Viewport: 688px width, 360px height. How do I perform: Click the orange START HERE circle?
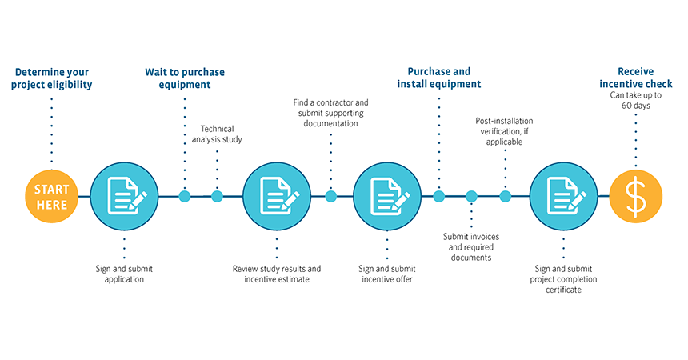tap(52, 196)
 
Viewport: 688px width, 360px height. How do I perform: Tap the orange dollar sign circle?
tap(635, 196)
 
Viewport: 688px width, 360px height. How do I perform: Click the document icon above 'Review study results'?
tap(275, 196)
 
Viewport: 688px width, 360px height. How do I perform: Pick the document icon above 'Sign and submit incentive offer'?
tap(386, 196)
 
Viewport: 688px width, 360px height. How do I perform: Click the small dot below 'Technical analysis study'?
tap(217, 196)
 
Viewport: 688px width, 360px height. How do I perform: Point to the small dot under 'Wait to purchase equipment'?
tap(185, 196)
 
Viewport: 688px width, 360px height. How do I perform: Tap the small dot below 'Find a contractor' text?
tap(330, 196)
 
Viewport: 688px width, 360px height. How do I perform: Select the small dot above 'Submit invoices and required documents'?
tap(471, 196)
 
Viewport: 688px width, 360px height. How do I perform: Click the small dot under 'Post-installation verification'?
tap(505, 196)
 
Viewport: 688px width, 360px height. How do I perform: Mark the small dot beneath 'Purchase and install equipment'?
tap(439, 196)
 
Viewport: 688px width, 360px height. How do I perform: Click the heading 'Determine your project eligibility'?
tap(52, 78)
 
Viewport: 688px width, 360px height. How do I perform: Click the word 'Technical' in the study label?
tap(217, 128)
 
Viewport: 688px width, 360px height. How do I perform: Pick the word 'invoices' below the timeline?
tap(489, 236)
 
